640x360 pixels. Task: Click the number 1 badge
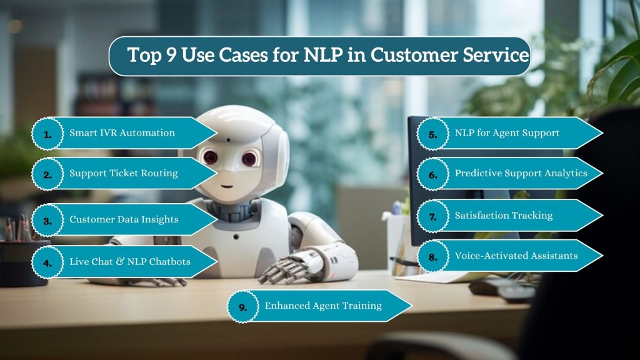47,134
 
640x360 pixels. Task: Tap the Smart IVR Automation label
122,133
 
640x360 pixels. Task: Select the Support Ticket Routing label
123,173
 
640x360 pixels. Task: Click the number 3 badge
47,220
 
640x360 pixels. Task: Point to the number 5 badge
432,134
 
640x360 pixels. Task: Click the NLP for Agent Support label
507,133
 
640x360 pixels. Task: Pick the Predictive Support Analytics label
521,173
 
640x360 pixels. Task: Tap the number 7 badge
432,216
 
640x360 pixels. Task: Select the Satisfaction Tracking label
504,216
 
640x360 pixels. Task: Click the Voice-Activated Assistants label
516,255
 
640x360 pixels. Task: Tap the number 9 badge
242,306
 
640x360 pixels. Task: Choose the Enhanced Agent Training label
323,306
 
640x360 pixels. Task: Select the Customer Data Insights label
124,219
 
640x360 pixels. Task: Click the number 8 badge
432,255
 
